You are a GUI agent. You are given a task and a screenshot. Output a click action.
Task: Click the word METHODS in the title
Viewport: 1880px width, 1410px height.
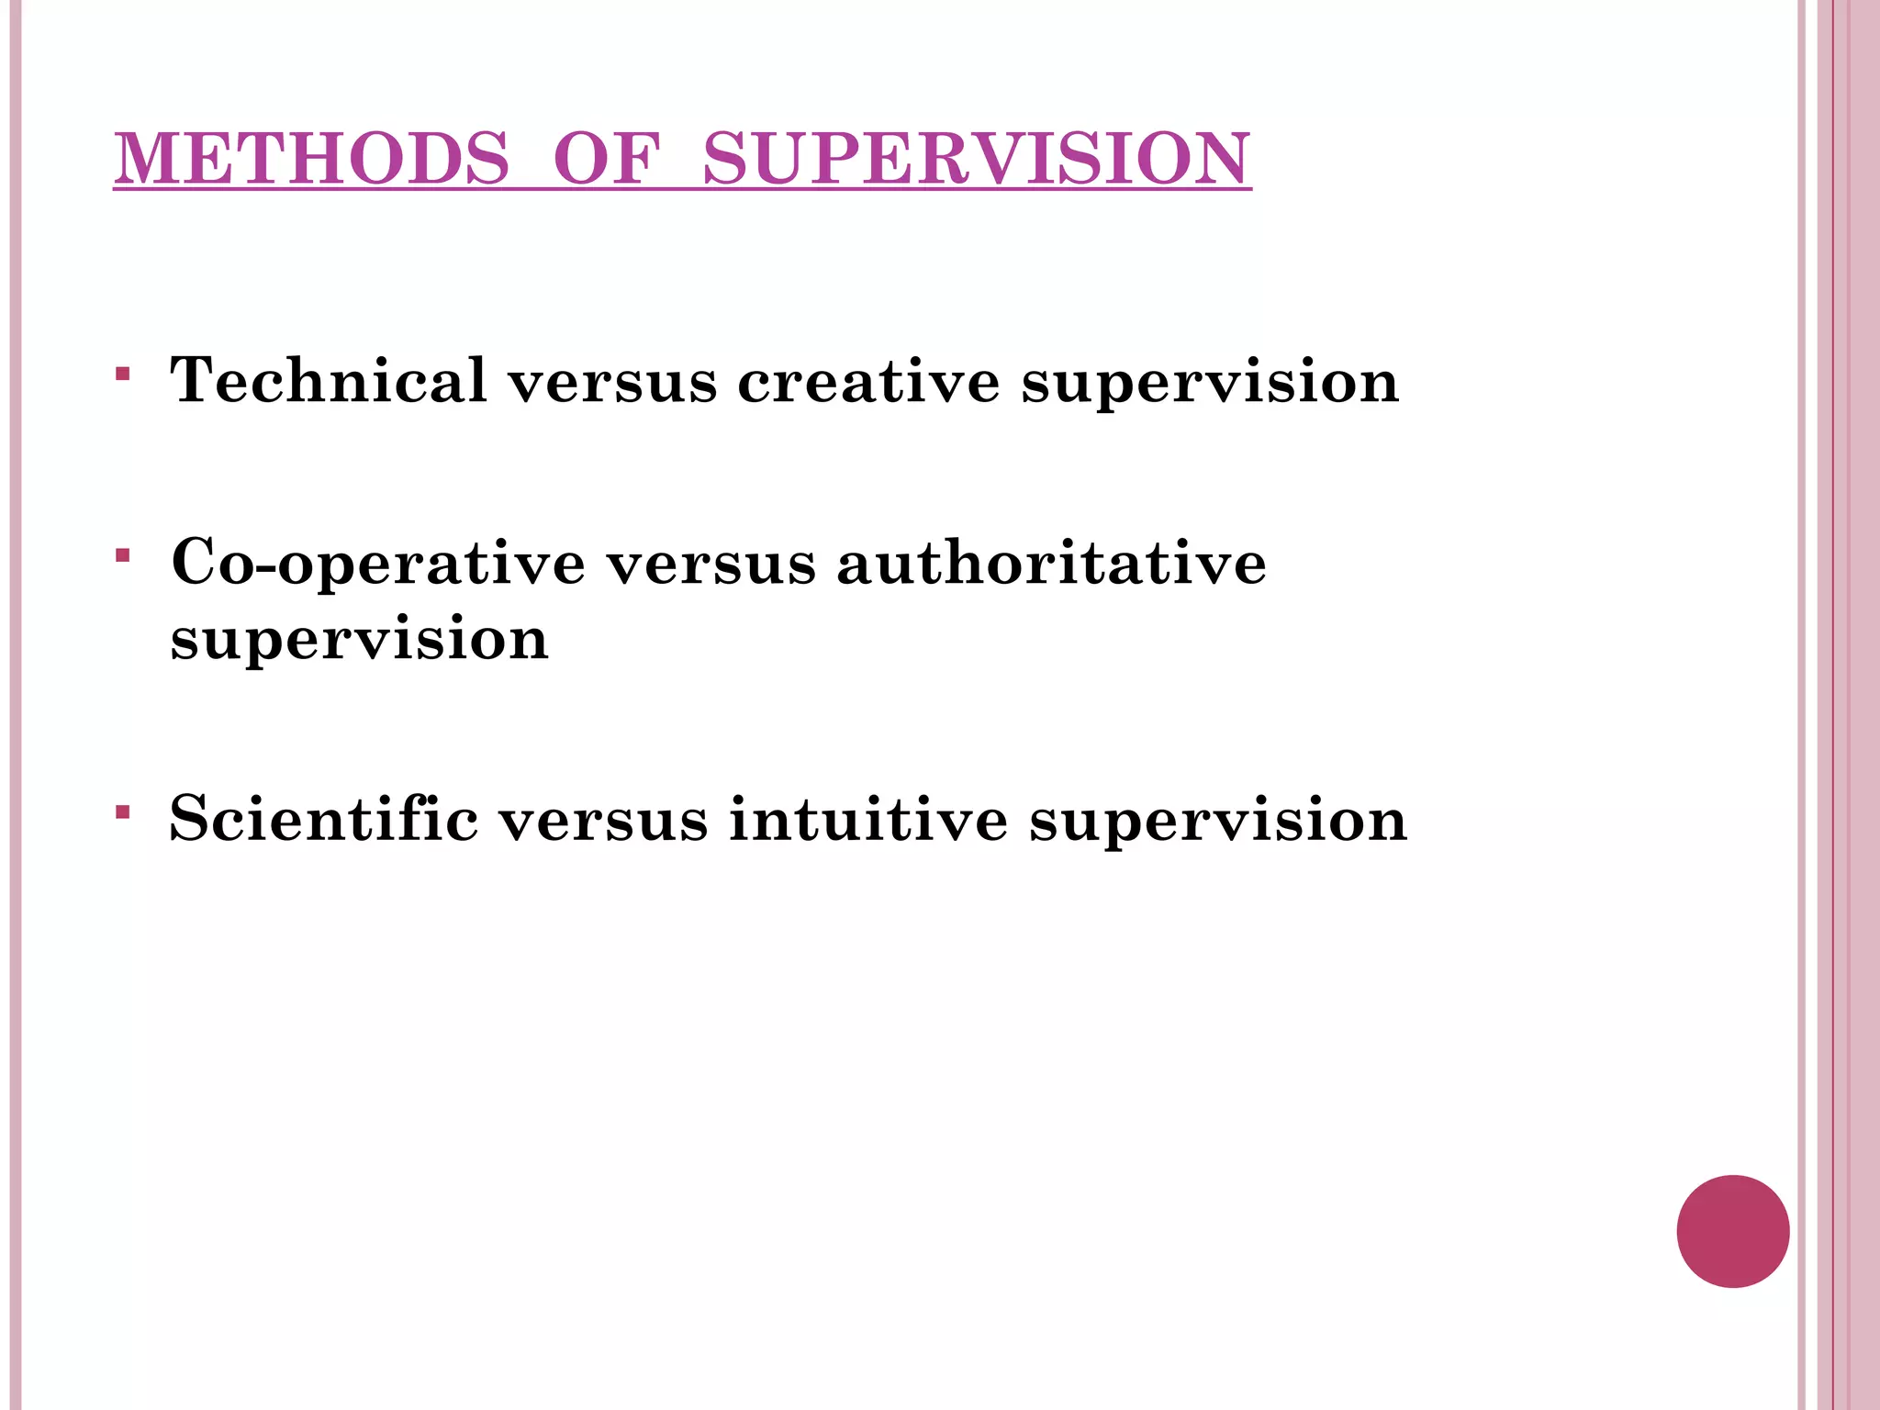pyautogui.click(x=312, y=159)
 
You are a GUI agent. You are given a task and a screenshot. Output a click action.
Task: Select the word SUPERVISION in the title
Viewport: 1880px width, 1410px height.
pyautogui.click(x=976, y=159)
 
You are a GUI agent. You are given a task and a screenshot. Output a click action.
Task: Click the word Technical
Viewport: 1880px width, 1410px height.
pyautogui.click(x=329, y=379)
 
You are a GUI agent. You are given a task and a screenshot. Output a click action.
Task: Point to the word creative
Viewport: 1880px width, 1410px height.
pyautogui.click(x=868, y=381)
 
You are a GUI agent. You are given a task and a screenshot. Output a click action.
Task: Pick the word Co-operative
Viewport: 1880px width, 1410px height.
pyautogui.click(x=378, y=563)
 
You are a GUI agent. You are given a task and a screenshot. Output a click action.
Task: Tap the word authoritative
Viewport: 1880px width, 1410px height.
pyautogui.click(x=1051, y=563)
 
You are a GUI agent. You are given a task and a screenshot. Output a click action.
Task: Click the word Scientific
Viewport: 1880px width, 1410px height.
pyautogui.click(x=324, y=818)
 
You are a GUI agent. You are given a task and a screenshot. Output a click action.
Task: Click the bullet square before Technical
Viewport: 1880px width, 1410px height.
pyautogui.click(x=123, y=374)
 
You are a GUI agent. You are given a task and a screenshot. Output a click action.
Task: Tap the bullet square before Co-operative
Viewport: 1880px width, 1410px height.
pyautogui.click(x=123, y=555)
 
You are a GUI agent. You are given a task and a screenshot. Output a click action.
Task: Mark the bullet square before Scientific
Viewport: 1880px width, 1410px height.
pyautogui.click(x=123, y=811)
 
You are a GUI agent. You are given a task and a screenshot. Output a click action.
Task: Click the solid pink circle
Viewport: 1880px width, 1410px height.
pyautogui.click(x=1732, y=1231)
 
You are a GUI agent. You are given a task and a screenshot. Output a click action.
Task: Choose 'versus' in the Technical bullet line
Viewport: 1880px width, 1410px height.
pyautogui.click(x=612, y=381)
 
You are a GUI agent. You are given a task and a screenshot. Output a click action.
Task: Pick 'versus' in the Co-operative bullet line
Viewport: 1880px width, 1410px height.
pyautogui.click(x=711, y=563)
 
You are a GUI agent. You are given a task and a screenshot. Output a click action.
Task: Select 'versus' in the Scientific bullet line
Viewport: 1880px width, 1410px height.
pyautogui.click(x=603, y=818)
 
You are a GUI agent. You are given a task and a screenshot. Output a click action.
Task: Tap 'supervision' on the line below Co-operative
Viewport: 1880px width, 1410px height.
pyautogui.click(x=359, y=640)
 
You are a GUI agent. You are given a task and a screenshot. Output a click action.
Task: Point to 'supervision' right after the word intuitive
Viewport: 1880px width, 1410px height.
pyautogui.click(x=1217, y=820)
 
